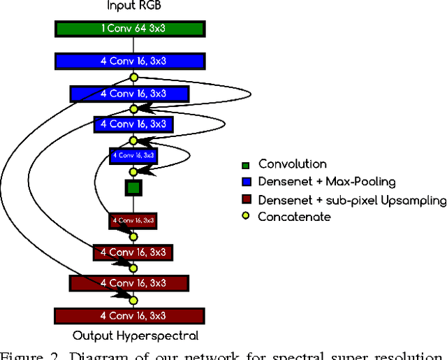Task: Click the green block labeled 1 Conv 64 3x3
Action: click(129, 29)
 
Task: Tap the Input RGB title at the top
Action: click(133, 6)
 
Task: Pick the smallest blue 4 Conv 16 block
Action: click(133, 155)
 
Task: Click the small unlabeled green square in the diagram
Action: click(133, 187)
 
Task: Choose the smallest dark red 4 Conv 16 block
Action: click(133, 220)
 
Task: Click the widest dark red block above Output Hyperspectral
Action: click(130, 315)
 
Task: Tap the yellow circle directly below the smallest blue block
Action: click(133, 171)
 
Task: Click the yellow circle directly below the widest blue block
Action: click(133, 78)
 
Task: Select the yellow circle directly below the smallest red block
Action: click(133, 237)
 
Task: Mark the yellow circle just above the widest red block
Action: click(133, 300)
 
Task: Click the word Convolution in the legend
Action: click(292, 165)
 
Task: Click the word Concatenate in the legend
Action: click(294, 217)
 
